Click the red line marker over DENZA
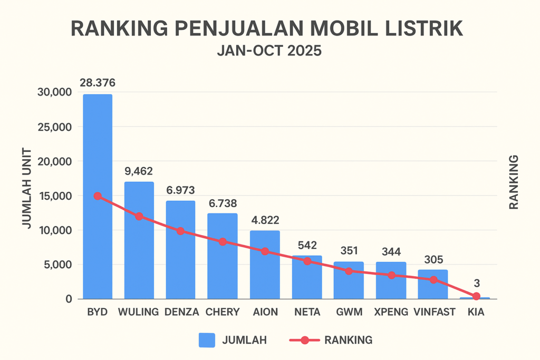[x=180, y=231]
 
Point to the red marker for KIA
[x=476, y=296]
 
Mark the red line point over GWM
[x=349, y=271]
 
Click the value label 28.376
[x=98, y=83]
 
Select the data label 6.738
[x=223, y=203]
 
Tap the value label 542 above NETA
[x=307, y=245]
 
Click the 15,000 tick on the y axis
[x=55, y=196]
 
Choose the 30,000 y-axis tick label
[x=55, y=92]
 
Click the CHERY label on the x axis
[x=223, y=312]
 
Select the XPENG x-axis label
[x=391, y=312]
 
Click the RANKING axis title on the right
[x=514, y=182]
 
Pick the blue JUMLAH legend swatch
[x=207, y=340]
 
